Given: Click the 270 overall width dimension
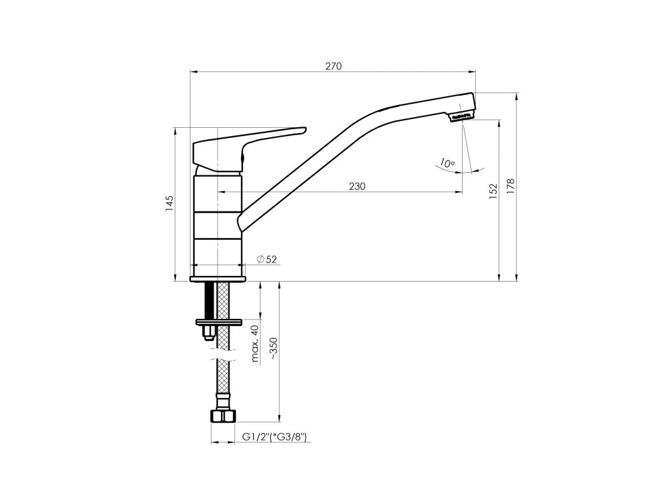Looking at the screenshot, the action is pyautogui.click(x=333, y=66).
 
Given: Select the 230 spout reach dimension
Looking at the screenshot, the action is pyautogui.click(x=357, y=187).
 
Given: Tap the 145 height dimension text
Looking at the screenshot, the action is pyautogui.click(x=170, y=204).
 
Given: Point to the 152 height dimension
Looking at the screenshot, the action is pyautogui.click(x=493, y=191).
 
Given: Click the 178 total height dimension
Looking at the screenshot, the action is pyautogui.click(x=511, y=187).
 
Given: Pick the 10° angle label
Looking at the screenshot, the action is pyautogui.click(x=447, y=163).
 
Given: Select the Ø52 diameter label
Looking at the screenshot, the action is pyautogui.click(x=266, y=259).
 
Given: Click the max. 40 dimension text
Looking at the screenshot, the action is pyautogui.click(x=255, y=344).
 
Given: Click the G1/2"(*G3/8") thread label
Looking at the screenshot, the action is pyautogui.click(x=275, y=437).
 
